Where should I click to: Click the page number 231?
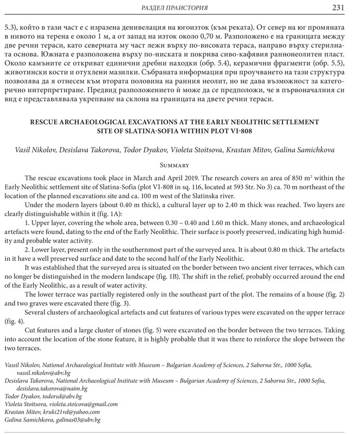click(346, 7)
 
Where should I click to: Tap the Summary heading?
click(179, 163)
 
